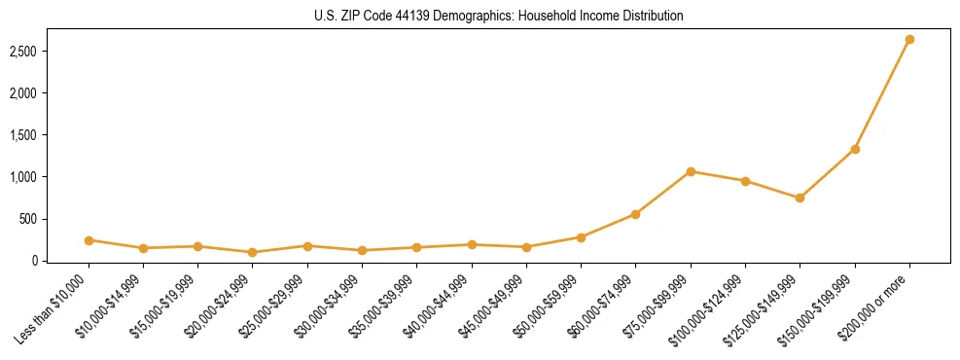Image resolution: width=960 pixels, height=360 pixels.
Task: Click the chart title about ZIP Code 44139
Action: coord(499,17)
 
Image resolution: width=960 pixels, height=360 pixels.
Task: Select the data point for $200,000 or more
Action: coord(909,40)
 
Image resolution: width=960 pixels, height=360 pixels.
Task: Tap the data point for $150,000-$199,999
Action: coord(855,149)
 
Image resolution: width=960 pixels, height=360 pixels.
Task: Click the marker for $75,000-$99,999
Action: coord(691,171)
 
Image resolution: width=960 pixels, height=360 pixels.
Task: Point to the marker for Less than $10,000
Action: coord(89,239)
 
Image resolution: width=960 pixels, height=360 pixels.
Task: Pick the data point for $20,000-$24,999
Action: coord(253,252)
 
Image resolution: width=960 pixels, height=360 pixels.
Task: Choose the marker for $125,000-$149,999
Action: coord(800,198)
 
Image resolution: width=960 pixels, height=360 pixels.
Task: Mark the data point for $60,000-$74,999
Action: coord(635,214)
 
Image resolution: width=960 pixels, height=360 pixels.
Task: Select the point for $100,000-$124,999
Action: coord(745,181)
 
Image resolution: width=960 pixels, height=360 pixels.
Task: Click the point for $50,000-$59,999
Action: coord(581,236)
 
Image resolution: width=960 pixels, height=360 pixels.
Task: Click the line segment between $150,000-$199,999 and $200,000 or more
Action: coord(882,94)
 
